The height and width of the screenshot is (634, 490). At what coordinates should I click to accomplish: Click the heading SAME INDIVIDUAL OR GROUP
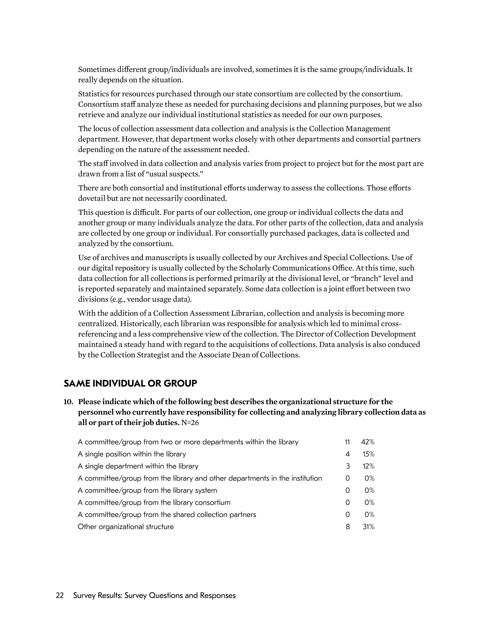point(130,384)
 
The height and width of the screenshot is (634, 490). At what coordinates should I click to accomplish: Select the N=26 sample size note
point(190,423)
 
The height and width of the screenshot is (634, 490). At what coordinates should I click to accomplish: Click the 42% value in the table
point(368,442)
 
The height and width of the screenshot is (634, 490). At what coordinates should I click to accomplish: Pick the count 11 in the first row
point(347,442)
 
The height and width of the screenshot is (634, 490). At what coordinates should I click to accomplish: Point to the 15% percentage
point(369,454)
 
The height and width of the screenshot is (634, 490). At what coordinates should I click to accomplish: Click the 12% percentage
point(369,466)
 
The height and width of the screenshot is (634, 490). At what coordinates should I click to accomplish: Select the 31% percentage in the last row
point(369,527)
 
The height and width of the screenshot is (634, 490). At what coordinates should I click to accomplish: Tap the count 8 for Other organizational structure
point(348,527)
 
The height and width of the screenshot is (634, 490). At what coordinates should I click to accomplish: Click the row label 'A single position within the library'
point(132,454)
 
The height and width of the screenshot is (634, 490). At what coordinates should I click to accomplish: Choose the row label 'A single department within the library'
point(138,466)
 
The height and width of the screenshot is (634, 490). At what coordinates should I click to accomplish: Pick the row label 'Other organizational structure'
point(126,527)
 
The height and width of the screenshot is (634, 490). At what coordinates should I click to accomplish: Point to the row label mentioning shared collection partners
point(167,515)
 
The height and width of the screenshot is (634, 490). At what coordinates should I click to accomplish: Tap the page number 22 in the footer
point(60,596)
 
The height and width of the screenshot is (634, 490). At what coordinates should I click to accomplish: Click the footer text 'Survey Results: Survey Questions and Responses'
point(155,596)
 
